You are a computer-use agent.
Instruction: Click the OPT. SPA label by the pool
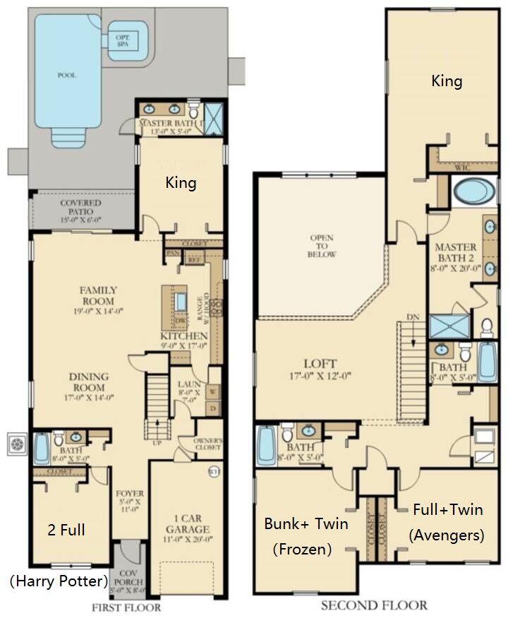pos(127,39)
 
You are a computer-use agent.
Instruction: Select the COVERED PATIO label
pos(80,208)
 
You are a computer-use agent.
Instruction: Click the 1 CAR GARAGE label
pos(188,523)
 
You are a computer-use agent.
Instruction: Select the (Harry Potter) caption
pos(59,581)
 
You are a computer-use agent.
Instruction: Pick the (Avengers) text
pos(447,535)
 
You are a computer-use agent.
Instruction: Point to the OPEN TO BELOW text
pos(322,246)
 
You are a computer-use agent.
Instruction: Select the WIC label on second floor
pos(462,167)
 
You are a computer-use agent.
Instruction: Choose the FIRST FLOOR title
pos(126,607)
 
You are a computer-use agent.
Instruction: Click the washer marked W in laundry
pos(212,389)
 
